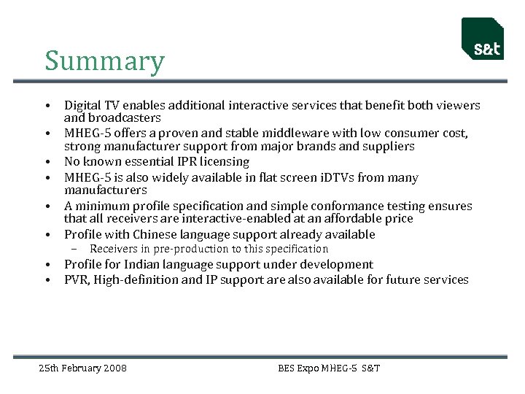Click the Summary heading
104,61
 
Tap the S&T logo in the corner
483,39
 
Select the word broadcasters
124,117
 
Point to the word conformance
362,206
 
